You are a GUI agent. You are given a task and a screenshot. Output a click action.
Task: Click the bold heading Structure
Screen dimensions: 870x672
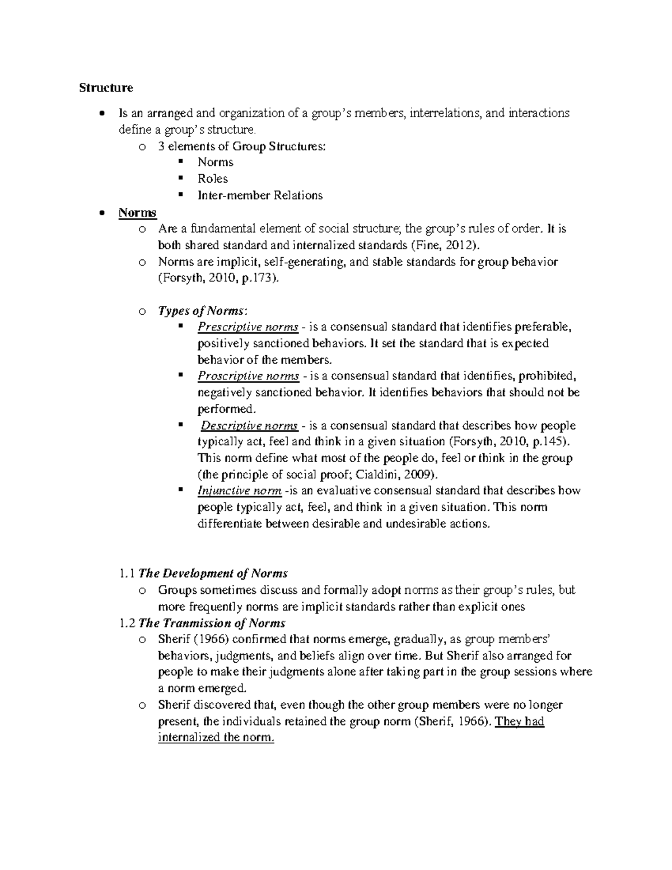click(106, 88)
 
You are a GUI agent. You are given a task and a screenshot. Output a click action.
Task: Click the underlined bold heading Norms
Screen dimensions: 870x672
click(137, 212)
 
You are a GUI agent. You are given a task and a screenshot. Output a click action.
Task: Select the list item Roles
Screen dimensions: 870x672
click(213, 179)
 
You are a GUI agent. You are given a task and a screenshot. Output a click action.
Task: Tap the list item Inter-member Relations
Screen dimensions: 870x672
click(260, 196)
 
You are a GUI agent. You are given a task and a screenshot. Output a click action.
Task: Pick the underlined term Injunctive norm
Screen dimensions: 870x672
click(239, 491)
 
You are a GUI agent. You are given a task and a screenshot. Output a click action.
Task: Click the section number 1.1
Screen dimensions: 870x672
click(127, 573)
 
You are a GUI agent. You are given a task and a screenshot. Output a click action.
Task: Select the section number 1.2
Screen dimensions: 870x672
click(127, 623)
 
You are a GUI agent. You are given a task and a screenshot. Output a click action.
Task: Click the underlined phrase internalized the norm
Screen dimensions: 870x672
click(216, 738)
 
